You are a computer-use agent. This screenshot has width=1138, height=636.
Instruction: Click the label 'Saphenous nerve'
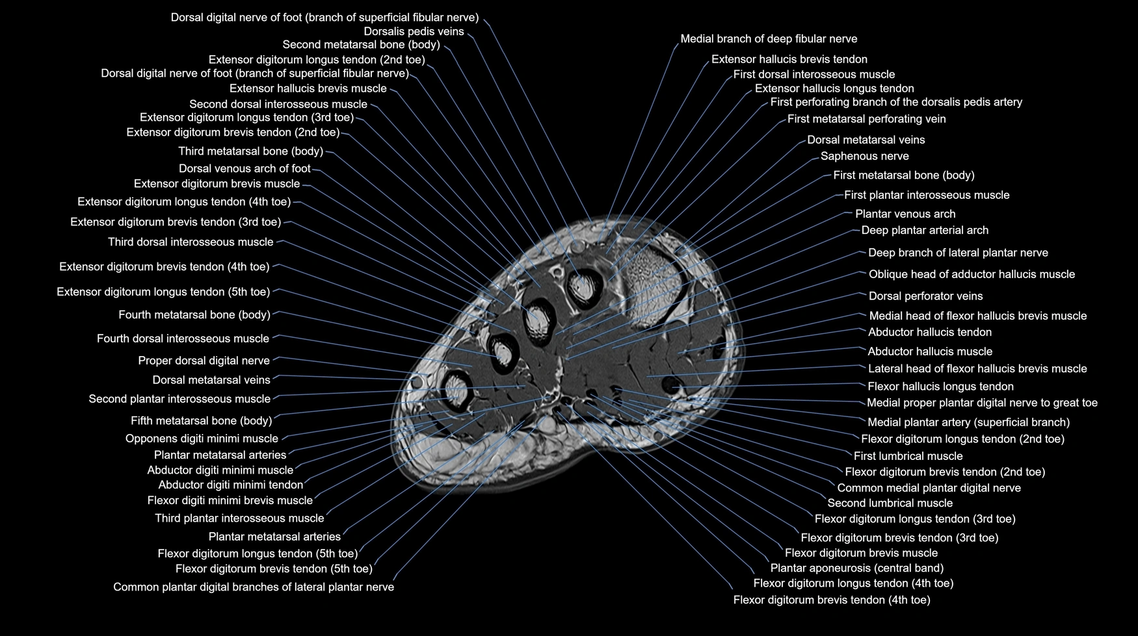click(864, 156)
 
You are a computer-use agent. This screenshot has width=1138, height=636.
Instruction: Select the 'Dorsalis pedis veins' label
click(414, 31)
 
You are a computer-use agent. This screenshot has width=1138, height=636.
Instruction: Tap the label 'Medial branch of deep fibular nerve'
click(769, 39)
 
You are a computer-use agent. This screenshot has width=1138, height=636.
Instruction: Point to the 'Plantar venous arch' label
click(905, 214)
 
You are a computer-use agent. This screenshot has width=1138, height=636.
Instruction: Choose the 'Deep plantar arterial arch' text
click(925, 230)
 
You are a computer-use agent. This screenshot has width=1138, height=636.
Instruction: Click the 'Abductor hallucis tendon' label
click(930, 332)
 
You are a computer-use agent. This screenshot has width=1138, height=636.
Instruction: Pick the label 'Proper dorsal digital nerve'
click(204, 361)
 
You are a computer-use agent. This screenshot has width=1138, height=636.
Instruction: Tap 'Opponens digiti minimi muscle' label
click(202, 439)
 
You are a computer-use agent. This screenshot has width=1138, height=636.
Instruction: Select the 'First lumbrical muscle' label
click(908, 456)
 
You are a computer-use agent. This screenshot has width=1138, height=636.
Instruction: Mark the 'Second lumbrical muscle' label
click(890, 503)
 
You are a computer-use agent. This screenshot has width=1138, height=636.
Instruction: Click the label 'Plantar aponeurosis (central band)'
click(856, 568)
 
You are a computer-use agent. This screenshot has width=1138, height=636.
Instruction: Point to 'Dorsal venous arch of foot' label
click(245, 168)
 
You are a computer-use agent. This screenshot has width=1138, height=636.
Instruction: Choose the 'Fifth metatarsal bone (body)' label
click(201, 420)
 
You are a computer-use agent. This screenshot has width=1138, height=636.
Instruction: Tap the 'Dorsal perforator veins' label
click(925, 296)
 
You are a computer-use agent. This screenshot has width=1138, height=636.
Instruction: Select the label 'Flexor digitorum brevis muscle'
click(861, 553)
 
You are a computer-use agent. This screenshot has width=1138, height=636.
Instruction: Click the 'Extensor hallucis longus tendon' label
click(834, 88)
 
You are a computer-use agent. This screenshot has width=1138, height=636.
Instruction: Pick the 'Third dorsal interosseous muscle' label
click(191, 242)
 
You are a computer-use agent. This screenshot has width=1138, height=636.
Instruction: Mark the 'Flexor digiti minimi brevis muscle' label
click(230, 500)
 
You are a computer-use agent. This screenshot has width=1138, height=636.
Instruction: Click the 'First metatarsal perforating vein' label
click(866, 119)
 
